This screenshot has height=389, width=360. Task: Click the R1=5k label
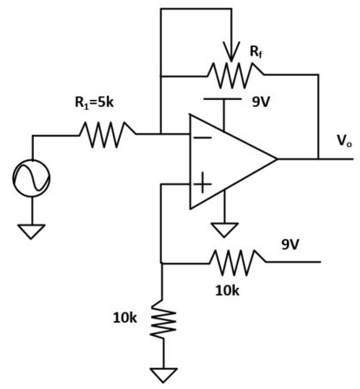tap(94, 103)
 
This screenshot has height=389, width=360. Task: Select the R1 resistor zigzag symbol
tap(107, 135)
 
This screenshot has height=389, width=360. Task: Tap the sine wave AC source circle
tap(31, 178)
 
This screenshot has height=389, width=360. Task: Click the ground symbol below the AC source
tap(31, 231)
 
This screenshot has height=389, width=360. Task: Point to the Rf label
tap(256, 52)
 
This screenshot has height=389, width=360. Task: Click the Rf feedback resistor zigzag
tap(235, 76)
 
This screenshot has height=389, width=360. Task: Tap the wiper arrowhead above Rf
tap(231, 51)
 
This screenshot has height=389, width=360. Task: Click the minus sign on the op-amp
tap(203, 137)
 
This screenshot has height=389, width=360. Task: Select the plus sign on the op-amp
tap(203, 184)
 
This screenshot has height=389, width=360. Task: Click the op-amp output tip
tap(277, 159)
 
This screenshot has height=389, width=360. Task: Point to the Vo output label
tap(344, 141)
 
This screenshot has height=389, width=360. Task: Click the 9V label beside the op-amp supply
tap(261, 102)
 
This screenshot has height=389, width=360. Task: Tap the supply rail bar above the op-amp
tap(223, 99)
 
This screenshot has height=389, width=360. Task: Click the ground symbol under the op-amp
tap(224, 230)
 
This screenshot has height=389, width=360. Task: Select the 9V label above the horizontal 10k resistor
tap(290, 245)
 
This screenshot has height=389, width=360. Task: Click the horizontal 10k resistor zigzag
tap(237, 263)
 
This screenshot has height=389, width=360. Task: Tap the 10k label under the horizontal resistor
tap(227, 291)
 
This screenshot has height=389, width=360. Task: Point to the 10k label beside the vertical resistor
tap(124, 319)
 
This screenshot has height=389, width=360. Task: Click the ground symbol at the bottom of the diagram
tap(163, 375)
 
